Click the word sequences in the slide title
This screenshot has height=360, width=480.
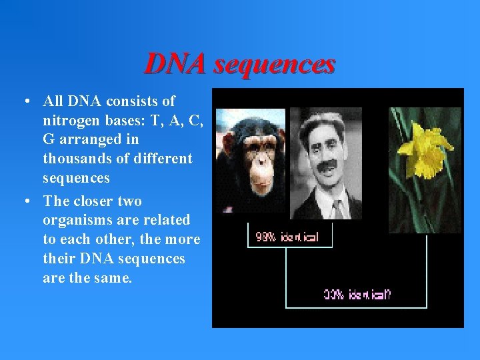click(275, 64)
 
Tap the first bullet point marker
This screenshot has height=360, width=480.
click(24, 102)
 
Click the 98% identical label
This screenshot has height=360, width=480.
click(287, 237)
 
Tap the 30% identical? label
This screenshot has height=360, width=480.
click(358, 295)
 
